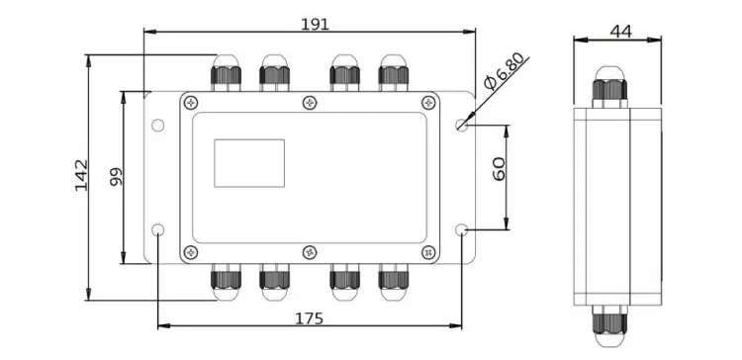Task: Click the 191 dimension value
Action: point(315,24)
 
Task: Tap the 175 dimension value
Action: point(309,318)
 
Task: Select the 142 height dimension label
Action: point(81,175)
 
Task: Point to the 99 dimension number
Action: point(117,176)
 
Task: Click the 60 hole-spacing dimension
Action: point(499,169)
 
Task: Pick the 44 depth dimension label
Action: point(621,32)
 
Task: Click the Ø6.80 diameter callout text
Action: point(505,71)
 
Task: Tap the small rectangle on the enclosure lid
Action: point(249,163)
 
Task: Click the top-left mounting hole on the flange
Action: point(158,126)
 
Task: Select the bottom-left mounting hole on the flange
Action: point(158,229)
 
